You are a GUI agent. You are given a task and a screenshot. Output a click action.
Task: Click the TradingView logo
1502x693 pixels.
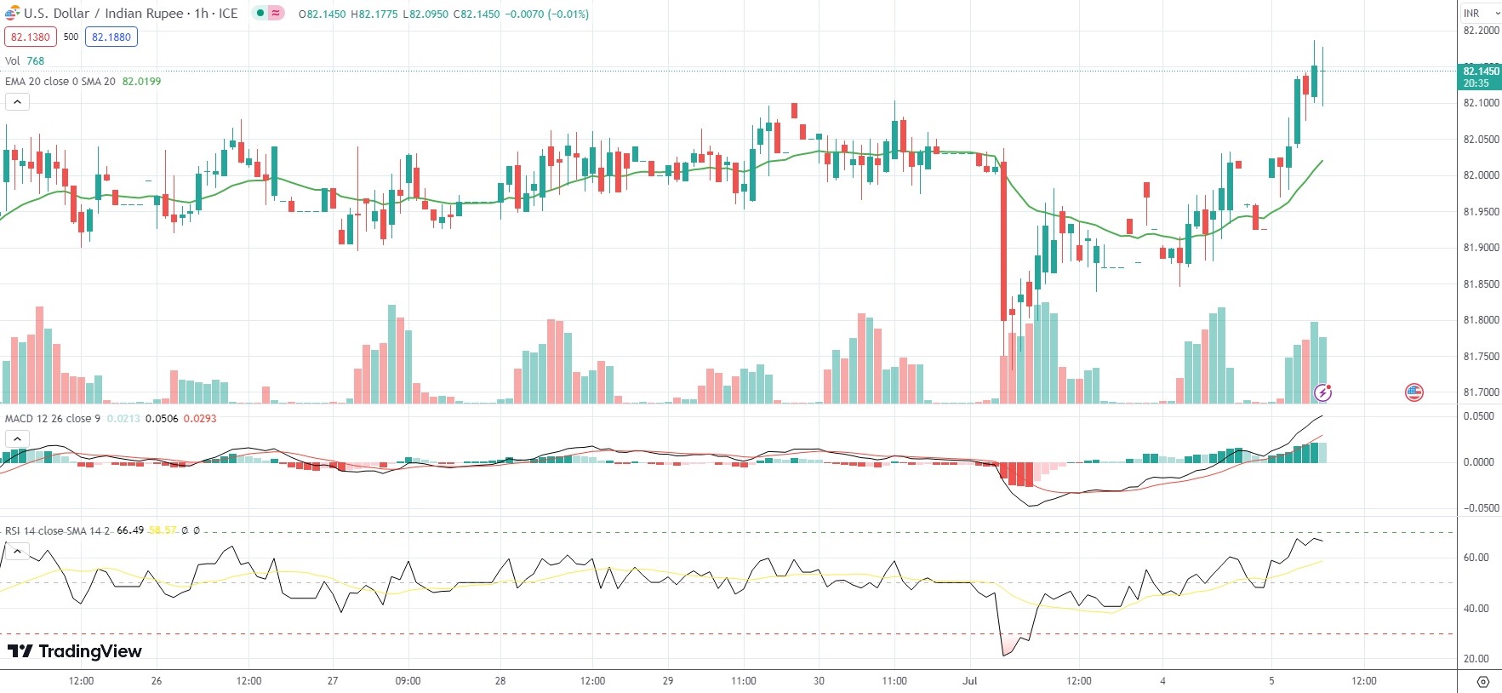75,651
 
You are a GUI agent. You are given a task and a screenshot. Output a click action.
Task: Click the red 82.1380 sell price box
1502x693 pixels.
31,37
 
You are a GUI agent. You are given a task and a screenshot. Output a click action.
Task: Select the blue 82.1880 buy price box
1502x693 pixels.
111,37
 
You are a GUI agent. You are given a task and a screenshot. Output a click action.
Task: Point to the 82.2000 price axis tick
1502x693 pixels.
1481,31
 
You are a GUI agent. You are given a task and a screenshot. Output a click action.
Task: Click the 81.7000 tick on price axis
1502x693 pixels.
1481,392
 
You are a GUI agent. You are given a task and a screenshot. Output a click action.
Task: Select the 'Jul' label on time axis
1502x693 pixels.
970,681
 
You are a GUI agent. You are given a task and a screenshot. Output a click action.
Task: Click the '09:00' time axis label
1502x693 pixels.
408,681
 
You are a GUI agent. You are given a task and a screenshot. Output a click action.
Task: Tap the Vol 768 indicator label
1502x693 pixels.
25,61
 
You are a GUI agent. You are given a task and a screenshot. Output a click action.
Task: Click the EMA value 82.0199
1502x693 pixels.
141,82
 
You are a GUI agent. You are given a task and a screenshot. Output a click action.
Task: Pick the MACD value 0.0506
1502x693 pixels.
162,419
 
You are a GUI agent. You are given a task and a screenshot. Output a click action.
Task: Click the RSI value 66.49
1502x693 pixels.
130,530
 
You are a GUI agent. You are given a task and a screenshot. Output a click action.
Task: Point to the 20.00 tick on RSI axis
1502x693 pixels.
1476,659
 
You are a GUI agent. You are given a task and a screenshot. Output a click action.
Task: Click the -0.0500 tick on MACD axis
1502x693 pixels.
1478,508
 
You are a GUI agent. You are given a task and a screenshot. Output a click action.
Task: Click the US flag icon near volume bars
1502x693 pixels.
1413,392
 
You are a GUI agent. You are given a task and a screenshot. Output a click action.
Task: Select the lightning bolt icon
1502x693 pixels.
1322,392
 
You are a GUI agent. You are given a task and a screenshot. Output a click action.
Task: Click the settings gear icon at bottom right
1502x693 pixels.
1483,682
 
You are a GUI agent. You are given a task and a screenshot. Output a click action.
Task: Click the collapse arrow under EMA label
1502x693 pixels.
17,102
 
